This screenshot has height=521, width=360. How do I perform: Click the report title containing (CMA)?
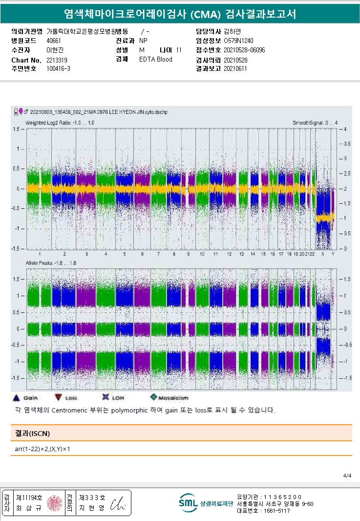pos(180,14)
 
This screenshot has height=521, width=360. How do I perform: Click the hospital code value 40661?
pos(54,41)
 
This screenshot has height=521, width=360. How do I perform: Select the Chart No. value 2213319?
pos(57,60)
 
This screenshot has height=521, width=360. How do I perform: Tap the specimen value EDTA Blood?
pos(156,59)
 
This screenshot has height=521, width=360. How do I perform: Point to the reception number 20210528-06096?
pos(244,50)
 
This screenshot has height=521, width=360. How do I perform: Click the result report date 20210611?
pos(235,68)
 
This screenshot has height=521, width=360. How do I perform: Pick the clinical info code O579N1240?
pos(238,41)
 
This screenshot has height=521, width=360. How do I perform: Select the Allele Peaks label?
pos(51,263)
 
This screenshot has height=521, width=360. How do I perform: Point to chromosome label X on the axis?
pos(322,254)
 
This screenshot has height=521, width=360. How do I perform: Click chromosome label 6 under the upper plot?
pos(142,254)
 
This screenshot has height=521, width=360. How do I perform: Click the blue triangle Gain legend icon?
pos(16,398)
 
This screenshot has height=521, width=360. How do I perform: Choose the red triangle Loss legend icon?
pos(58,398)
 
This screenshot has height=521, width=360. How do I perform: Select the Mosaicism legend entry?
pos(169,398)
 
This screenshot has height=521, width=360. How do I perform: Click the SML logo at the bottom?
pos(188,502)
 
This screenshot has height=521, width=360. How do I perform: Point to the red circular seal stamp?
pos(55,502)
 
